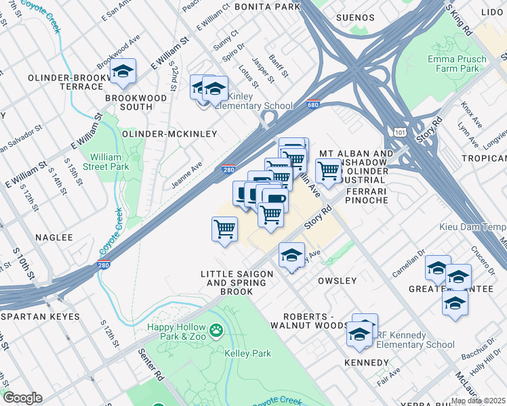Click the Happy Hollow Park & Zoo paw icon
tap(216, 331)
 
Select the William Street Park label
tap(106, 161)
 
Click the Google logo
tap(22, 398)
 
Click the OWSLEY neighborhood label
tap(337, 281)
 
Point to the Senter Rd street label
tap(151, 364)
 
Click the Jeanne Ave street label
tap(186, 175)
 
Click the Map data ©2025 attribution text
tap(477, 401)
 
